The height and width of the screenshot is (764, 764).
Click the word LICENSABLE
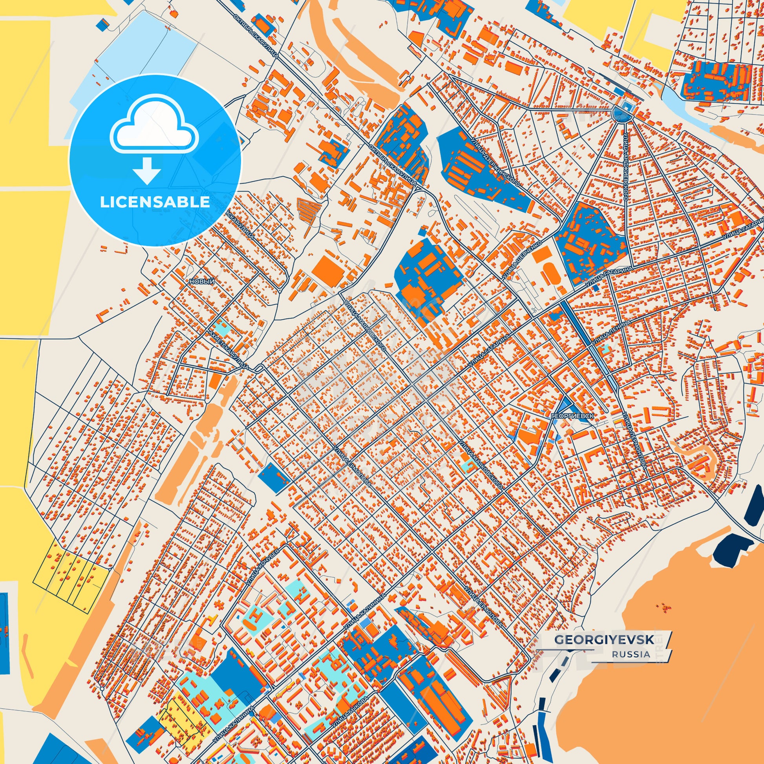(155, 202)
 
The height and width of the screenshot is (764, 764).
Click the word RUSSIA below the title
(631, 665)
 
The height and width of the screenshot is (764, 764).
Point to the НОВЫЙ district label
(202, 281)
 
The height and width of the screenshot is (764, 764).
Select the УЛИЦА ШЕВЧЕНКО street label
(521, 260)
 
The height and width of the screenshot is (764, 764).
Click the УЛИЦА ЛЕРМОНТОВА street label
(634, 440)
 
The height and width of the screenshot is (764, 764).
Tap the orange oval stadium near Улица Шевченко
(549, 273)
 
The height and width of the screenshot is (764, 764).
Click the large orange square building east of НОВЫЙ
(328, 269)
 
